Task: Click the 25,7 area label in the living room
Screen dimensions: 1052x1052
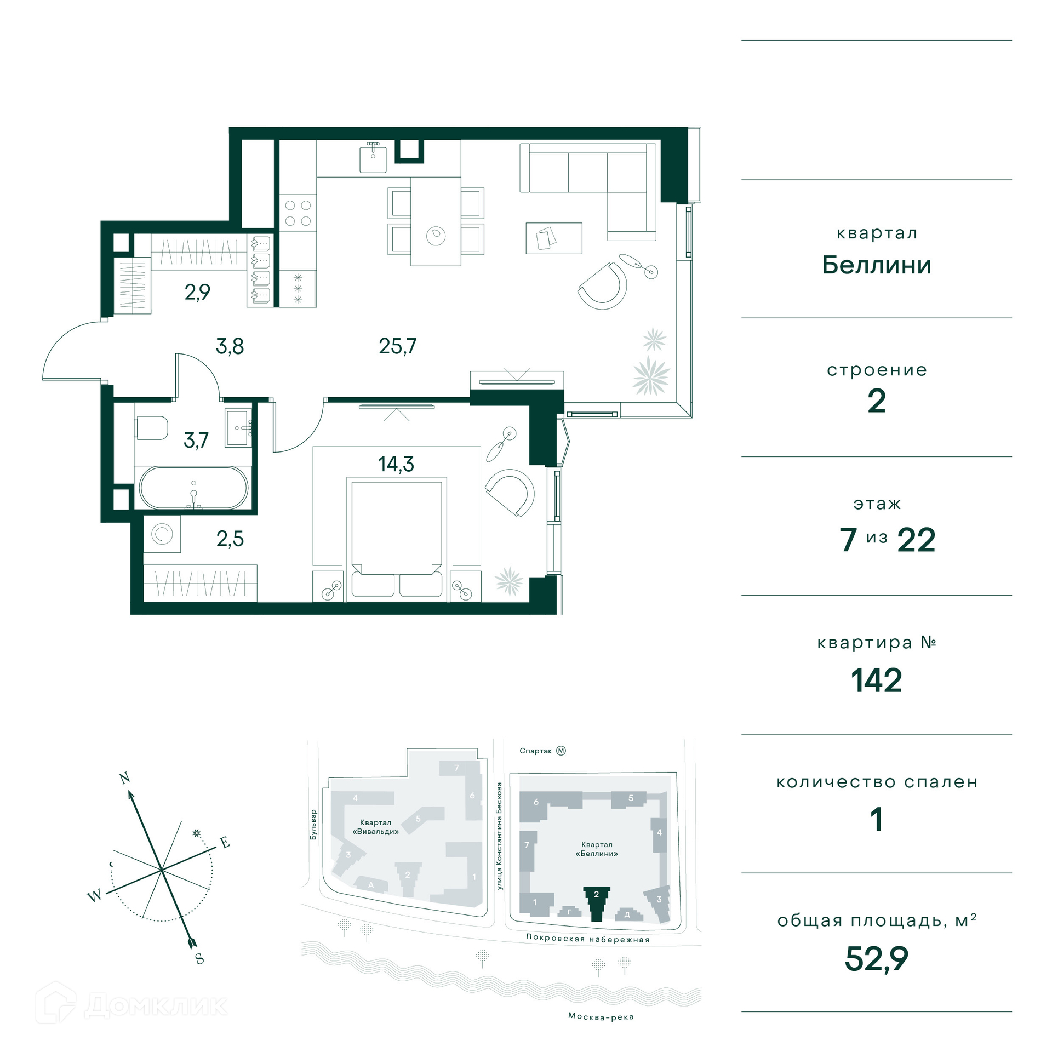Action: (397, 346)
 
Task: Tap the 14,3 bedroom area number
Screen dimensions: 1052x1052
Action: (396, 464)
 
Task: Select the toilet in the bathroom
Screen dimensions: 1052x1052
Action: (151, 428)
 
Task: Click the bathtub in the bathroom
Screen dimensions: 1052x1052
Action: (193, 488)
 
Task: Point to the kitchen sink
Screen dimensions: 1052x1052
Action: (373, 157)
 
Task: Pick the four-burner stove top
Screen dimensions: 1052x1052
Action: (298, 213)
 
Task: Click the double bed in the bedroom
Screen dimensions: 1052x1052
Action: (397, 539)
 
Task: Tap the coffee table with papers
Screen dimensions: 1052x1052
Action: (554, 238)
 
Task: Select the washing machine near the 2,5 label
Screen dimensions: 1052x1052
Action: (162, 534)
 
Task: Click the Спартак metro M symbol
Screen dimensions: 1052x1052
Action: (561, 751)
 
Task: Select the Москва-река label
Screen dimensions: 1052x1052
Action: (601, 1017)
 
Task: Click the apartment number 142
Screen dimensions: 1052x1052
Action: (876, 681)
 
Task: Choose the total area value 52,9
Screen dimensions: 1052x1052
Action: (876, 959)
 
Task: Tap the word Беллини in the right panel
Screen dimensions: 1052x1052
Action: (877, 265)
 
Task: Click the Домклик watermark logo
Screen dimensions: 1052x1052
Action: (131, 1004)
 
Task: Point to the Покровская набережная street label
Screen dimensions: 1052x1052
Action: (588, 938)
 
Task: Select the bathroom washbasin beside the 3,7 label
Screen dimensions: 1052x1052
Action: (238, 428)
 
